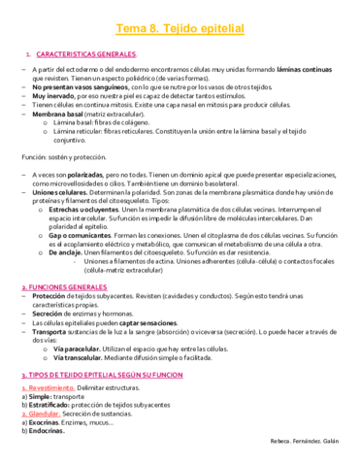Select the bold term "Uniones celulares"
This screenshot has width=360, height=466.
(x=59, y=193)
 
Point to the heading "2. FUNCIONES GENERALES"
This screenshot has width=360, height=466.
(x=64, y=288)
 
